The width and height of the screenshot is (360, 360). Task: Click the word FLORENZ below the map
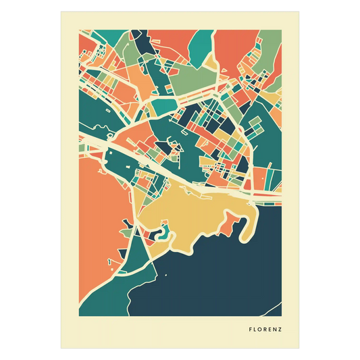[265, 331]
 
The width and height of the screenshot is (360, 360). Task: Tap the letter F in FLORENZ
[251, 331]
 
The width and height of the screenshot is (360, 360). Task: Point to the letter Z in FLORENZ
[280, 331]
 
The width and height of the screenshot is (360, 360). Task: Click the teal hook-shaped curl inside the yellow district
[163, 234]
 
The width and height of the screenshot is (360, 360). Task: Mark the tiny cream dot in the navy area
[165, 276]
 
